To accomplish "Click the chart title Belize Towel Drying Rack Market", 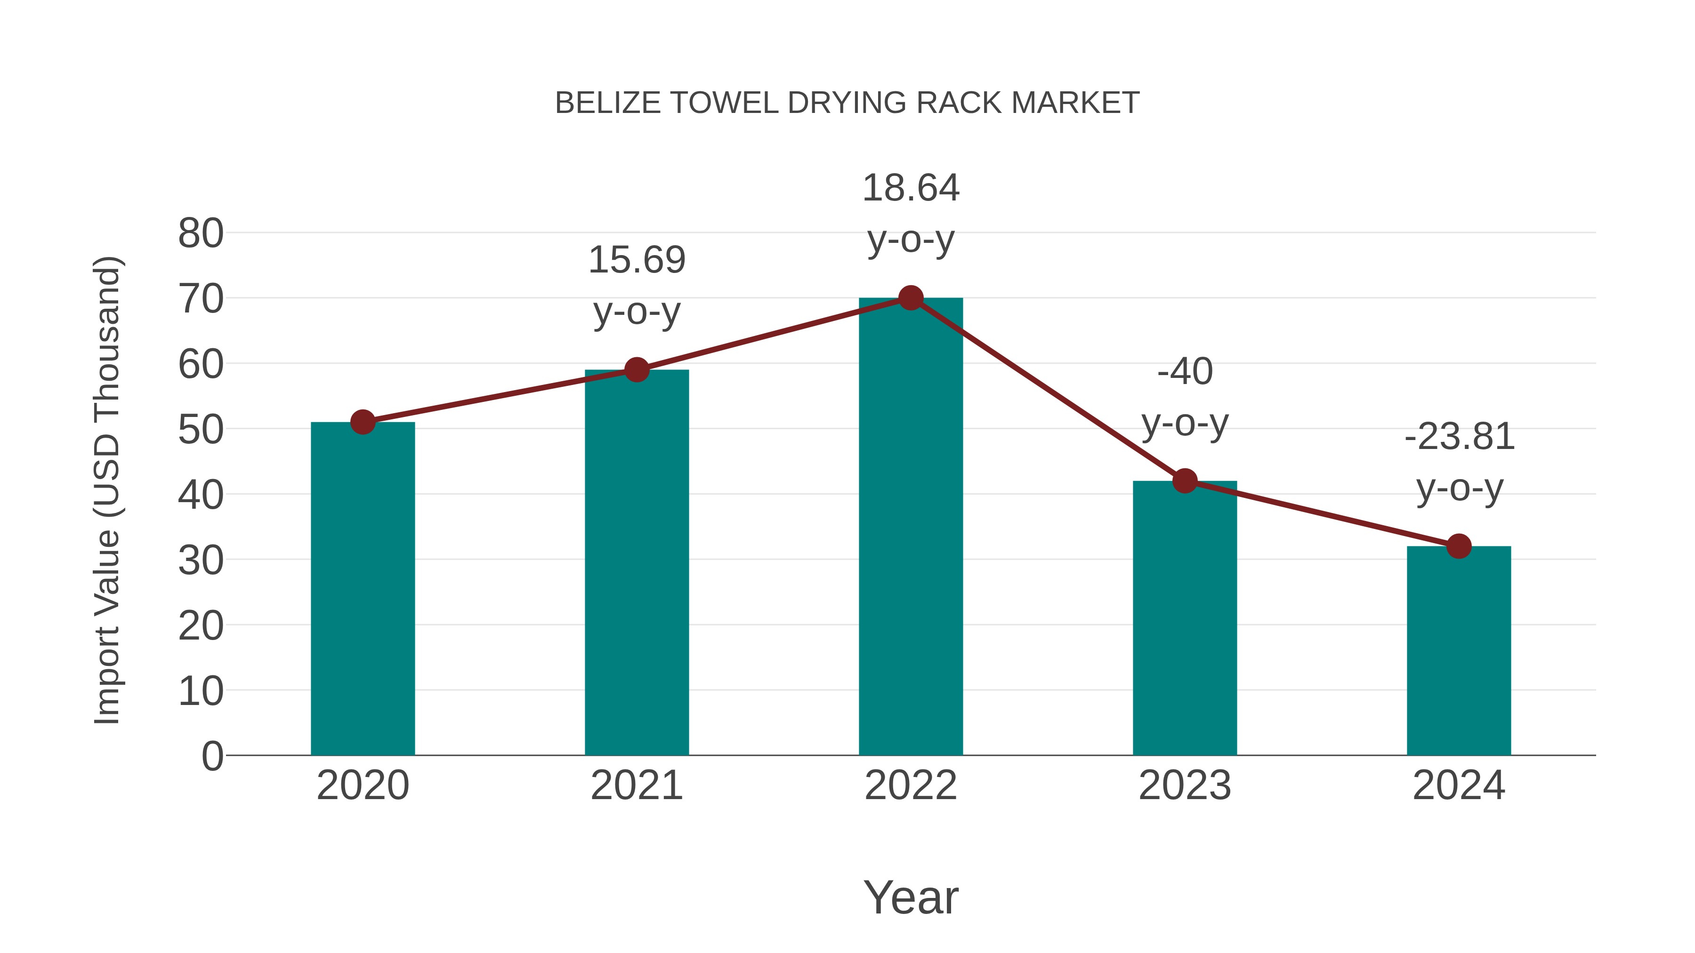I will pos(847,103).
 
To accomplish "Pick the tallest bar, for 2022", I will pos(911,526).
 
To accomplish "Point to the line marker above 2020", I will pos(363,422).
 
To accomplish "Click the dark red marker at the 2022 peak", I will pos(911,298).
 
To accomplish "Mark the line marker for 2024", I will pos(1459,546).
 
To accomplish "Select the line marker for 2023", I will pos(1185,481).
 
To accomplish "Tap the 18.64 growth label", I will pos(911,189).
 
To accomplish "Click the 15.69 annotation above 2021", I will pos(636,260).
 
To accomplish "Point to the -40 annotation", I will pos(1185,372).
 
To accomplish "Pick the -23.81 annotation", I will pos(1459,437).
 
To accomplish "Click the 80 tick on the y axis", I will pos(201,233).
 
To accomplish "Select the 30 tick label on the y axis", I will pos(201,561).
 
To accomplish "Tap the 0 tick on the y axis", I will pos(212,756).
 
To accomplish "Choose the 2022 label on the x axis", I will pos(911,785).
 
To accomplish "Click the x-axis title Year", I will pos(911,897).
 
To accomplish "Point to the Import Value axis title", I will pos(106,490).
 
